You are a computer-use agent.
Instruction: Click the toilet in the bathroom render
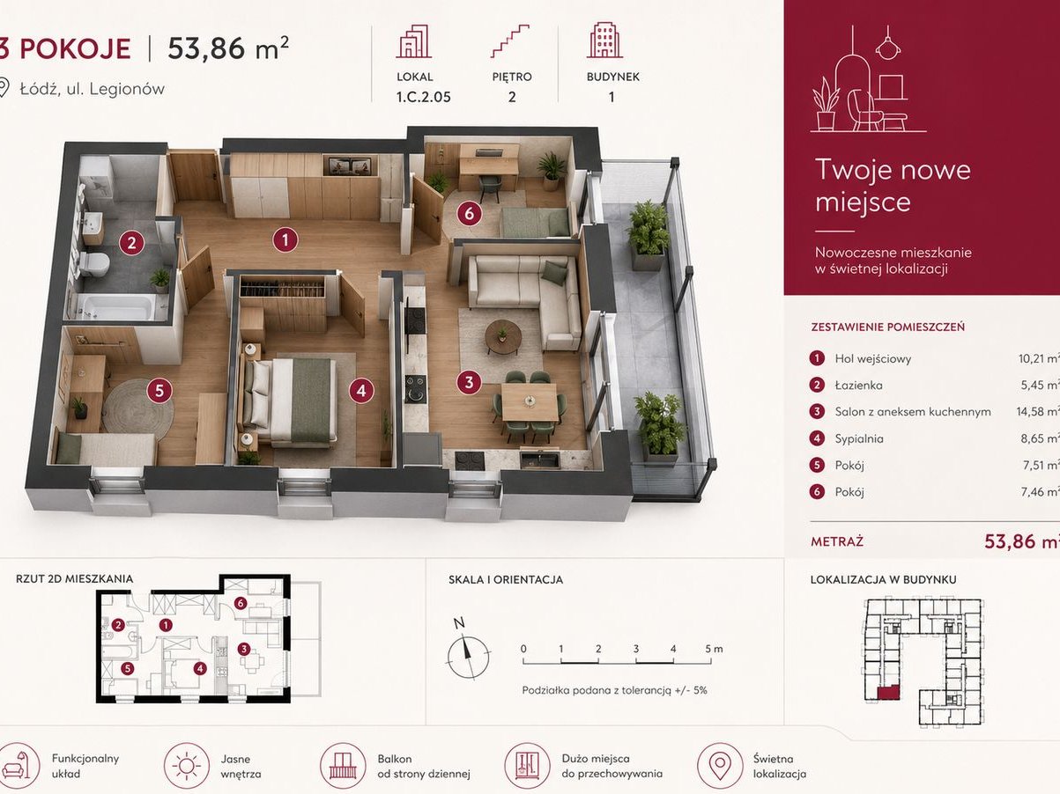pyautogui.click(x=93, y=263)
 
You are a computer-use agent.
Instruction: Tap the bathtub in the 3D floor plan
pyautogui.click(x=117, y=307)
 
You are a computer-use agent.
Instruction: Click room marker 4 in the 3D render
pyautogui.click(x=361, y=391)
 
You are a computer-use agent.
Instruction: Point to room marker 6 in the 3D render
pyautogui.click(x=469, y=214)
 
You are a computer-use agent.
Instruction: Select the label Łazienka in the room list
pyautogui.click(x=858, y=385)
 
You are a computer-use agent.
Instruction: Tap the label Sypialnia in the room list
pyautogui.click(x=859, y=438)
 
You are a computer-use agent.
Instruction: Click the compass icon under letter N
pyautogui.click(x=468, y=657)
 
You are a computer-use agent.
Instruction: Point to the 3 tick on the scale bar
pyautogui.click(x=635, y=661)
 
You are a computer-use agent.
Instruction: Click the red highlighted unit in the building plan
pyautogui.click(x=888, y=692)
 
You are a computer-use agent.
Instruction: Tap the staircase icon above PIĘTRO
pyautogui.click(x=511, y=41)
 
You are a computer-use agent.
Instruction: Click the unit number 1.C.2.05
pyautogui.click(x=424, y=97)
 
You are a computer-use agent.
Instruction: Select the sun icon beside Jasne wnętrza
pyautogui.click(x=187, y=766)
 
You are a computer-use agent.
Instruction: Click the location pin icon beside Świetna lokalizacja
pyautogui.click(x=720, y=766)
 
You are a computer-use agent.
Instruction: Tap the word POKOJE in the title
pyautogui.click(x=76, y=49)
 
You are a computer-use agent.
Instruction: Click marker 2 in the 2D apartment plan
pyautogui.click(x=118, y=625)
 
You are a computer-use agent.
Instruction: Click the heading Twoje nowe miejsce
pyautogui.click(x=893, y=186)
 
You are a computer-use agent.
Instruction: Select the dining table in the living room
pyautogui.click(x=529, y=401)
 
